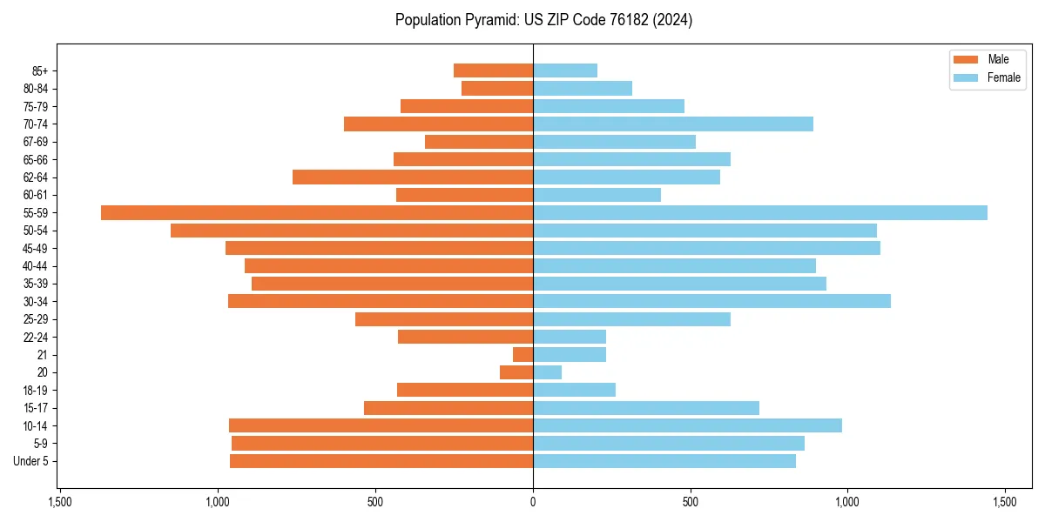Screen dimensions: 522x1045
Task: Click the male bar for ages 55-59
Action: (317, 212)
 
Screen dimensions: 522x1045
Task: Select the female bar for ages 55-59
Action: (760, 212)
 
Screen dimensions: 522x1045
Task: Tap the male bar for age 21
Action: (522, 355)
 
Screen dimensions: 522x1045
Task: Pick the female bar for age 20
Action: (547, 372)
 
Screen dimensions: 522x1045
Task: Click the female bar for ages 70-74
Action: (673, 124)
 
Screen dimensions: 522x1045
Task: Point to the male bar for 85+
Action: (493, 70)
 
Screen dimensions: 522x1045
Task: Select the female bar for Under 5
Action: (664, 461)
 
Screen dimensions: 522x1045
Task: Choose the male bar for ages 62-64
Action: (413, 177)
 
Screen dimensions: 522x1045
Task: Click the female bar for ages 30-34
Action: (711, 301)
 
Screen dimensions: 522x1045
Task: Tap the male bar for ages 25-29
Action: (444, 319)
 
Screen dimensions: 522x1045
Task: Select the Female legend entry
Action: (986, 77)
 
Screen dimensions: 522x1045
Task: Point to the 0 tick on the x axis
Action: (533, 502)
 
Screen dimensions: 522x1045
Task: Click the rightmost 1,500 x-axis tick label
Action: (1005, 502)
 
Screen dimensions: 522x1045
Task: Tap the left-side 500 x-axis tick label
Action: (375, 502)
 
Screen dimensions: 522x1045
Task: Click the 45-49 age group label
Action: (36, 248)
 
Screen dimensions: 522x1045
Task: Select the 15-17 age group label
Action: (36, 408)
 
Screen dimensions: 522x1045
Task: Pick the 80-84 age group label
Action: (36, 89)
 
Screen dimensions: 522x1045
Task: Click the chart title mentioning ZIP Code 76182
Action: (543, 20)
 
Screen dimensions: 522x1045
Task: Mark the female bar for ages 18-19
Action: (574, 390)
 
